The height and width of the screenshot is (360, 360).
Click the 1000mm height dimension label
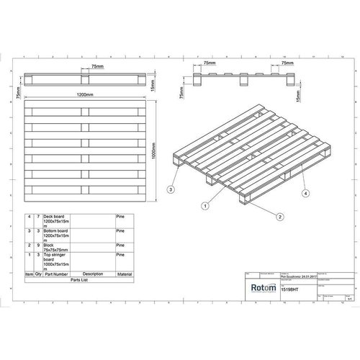[x=165, y=147]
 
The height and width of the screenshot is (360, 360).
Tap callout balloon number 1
[x=204, y=204]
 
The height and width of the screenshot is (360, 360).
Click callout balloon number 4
[x=305, y=193]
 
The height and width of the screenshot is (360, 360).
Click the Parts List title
[x=78, y=282]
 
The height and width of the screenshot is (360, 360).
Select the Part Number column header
[x=58, y=274]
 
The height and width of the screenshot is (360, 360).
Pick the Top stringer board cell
[x=58, y=262]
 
